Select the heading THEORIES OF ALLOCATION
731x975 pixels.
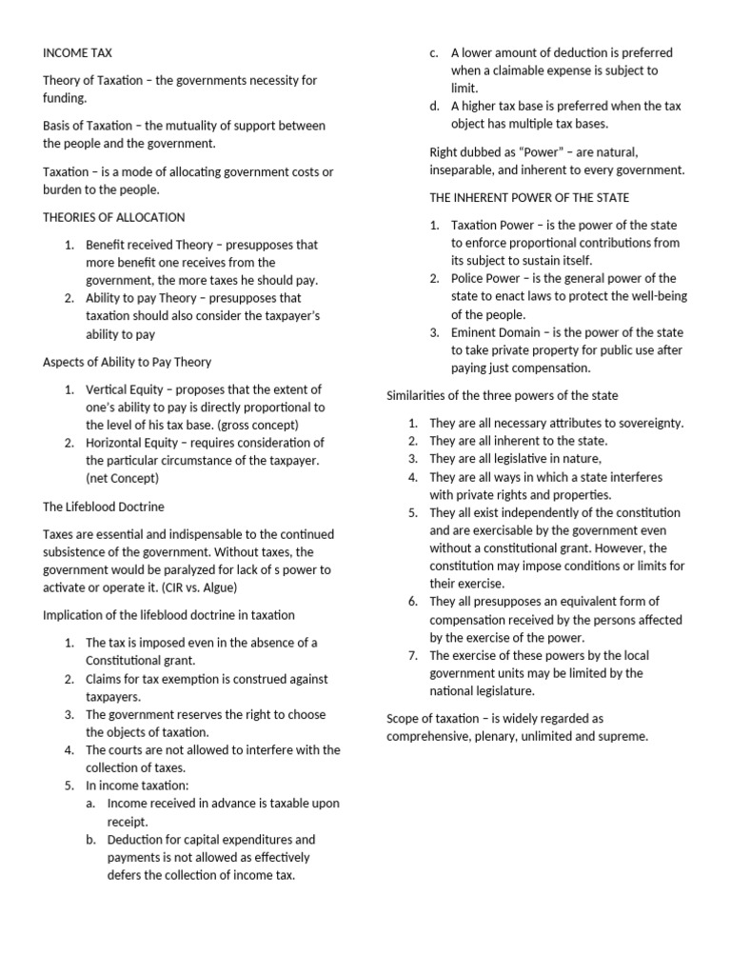click(x=114, y=217)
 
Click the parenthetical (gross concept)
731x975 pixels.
click(x=260, y=425)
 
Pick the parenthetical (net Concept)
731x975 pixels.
click(x=123, y=478)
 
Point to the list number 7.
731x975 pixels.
click(x=413, y=655)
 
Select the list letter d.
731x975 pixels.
click(x=434, y=106)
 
